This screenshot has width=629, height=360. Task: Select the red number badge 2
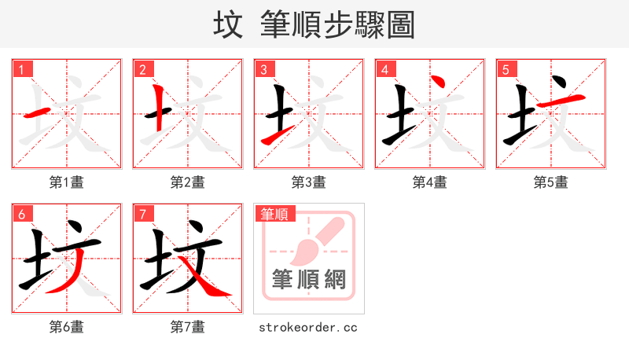142,70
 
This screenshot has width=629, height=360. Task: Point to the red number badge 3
263,70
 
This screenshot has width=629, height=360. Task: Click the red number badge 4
384,70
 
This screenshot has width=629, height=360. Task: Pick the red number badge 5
506,70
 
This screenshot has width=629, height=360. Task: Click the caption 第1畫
67,182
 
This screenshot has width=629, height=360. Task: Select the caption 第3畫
308,182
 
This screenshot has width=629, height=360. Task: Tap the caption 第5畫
550,182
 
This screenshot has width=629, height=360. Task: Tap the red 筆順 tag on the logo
274,214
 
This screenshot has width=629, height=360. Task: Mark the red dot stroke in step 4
438,83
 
